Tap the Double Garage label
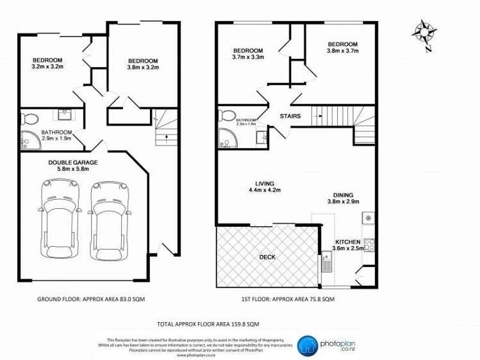coord(72,162)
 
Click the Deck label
coord(267,257)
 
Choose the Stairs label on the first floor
coord(291,116)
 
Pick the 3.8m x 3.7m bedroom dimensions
coord(342,51)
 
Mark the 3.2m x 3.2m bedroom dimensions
coord(47,65)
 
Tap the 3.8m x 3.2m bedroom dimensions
coord(142,68)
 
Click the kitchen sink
coord(326,262)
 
